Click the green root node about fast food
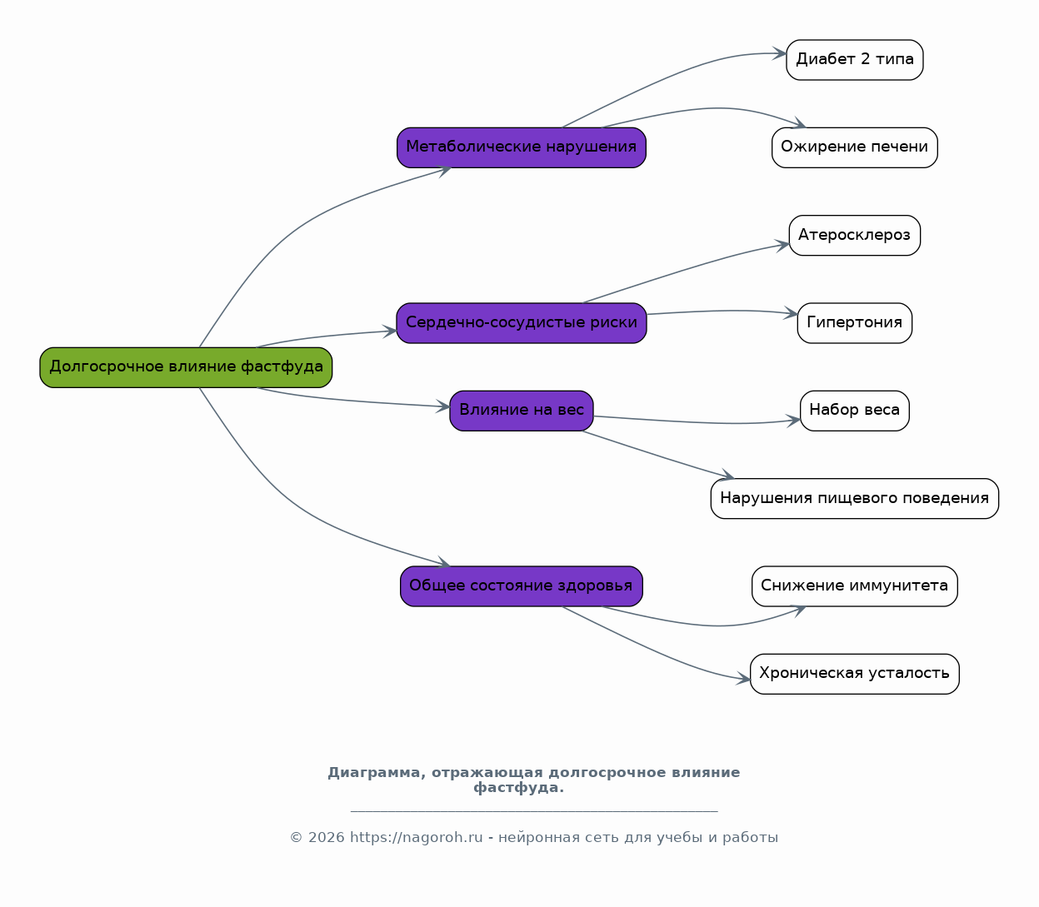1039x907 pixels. point(186,367)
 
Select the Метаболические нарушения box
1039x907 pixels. point(522,147)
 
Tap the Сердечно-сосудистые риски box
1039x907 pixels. point(522,323)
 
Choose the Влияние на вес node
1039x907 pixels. point(522,411)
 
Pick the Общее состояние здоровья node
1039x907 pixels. point(522,586)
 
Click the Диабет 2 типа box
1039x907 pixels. point(855,60)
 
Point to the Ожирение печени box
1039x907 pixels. point(855,147)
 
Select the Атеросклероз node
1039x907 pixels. point(855,236)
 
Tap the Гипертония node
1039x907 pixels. point(855,323)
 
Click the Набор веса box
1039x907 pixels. point(855,411)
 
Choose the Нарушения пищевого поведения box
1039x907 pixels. point(855,498)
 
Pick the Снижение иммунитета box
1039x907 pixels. point(855,586)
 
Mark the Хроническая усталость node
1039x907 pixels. point(855,674)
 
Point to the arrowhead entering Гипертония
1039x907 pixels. point(791,313)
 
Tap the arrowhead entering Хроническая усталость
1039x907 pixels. point(743,679)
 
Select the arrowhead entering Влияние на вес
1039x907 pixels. point(442,406)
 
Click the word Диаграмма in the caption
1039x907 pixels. point(377,773)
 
